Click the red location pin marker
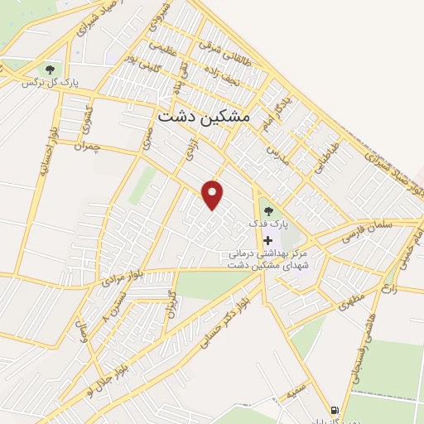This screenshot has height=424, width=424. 214,195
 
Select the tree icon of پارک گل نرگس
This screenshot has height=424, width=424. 51,70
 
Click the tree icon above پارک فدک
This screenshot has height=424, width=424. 267,210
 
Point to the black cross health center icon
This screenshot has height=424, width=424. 267,239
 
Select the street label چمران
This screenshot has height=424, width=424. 85,147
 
